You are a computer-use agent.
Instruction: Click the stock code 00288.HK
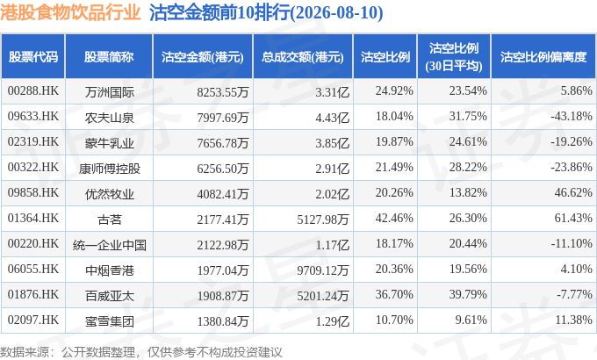[33, 90]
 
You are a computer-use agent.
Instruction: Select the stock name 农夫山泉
[109, 118]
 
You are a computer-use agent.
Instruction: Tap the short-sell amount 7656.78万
[223, 143]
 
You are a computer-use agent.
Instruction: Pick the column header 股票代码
[33, 57]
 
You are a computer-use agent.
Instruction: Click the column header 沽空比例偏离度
[543, 57]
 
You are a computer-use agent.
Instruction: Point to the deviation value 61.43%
[573, 218]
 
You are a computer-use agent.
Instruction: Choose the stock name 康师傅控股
[109, 169]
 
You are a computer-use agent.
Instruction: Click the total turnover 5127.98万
[323, 219]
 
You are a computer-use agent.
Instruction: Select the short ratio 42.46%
[394, 218]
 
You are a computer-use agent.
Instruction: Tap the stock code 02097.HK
[33, 320]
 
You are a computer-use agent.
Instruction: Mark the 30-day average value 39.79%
[468, 294]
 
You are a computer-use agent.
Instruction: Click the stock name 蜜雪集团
[109, 321]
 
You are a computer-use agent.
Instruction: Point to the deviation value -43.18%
[572, 116]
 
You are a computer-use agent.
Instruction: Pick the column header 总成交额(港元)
[303, 57]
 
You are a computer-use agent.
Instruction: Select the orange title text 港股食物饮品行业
[70, 12]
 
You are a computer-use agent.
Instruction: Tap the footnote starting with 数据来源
[140, 352]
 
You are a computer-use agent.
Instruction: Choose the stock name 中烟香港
[109, 270]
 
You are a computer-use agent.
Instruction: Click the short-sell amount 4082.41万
[223, 194]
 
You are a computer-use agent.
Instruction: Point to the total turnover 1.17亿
[332, 245]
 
